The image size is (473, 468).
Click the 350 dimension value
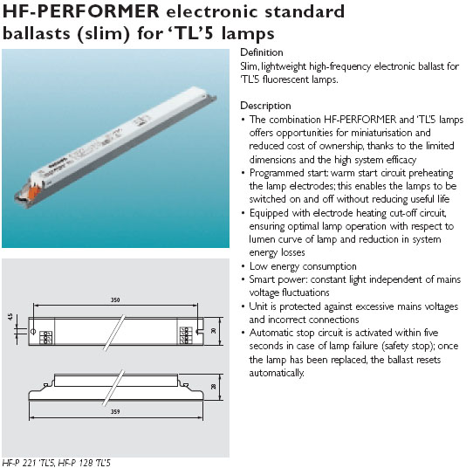tap(115, 299)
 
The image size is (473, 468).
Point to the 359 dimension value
tap(115, 411)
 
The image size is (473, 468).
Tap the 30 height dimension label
tap(214, 330)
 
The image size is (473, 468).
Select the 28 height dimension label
tap(214, 386)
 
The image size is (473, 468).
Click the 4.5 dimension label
tap(10, 317)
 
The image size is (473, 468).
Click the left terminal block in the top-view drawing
tap(46, 337)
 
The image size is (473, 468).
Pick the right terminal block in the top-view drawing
tap(184, 335)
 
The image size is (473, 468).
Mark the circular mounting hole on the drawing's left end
tap(33, 331)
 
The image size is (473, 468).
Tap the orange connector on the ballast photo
tap(34, 192)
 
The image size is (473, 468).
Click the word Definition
tap(262, 52)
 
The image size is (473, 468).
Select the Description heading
tap(265, 106)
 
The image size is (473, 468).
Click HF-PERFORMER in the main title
tap(81, 11)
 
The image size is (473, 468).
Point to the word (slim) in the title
tap(104, 33)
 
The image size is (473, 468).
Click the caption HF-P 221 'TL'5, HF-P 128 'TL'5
tap(57, 463)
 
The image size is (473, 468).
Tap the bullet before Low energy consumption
tap(243, 266)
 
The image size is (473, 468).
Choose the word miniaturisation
tap(377, 133)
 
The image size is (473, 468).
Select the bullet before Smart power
tap(243, 279)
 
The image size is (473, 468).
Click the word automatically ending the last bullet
tap(277, 373)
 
